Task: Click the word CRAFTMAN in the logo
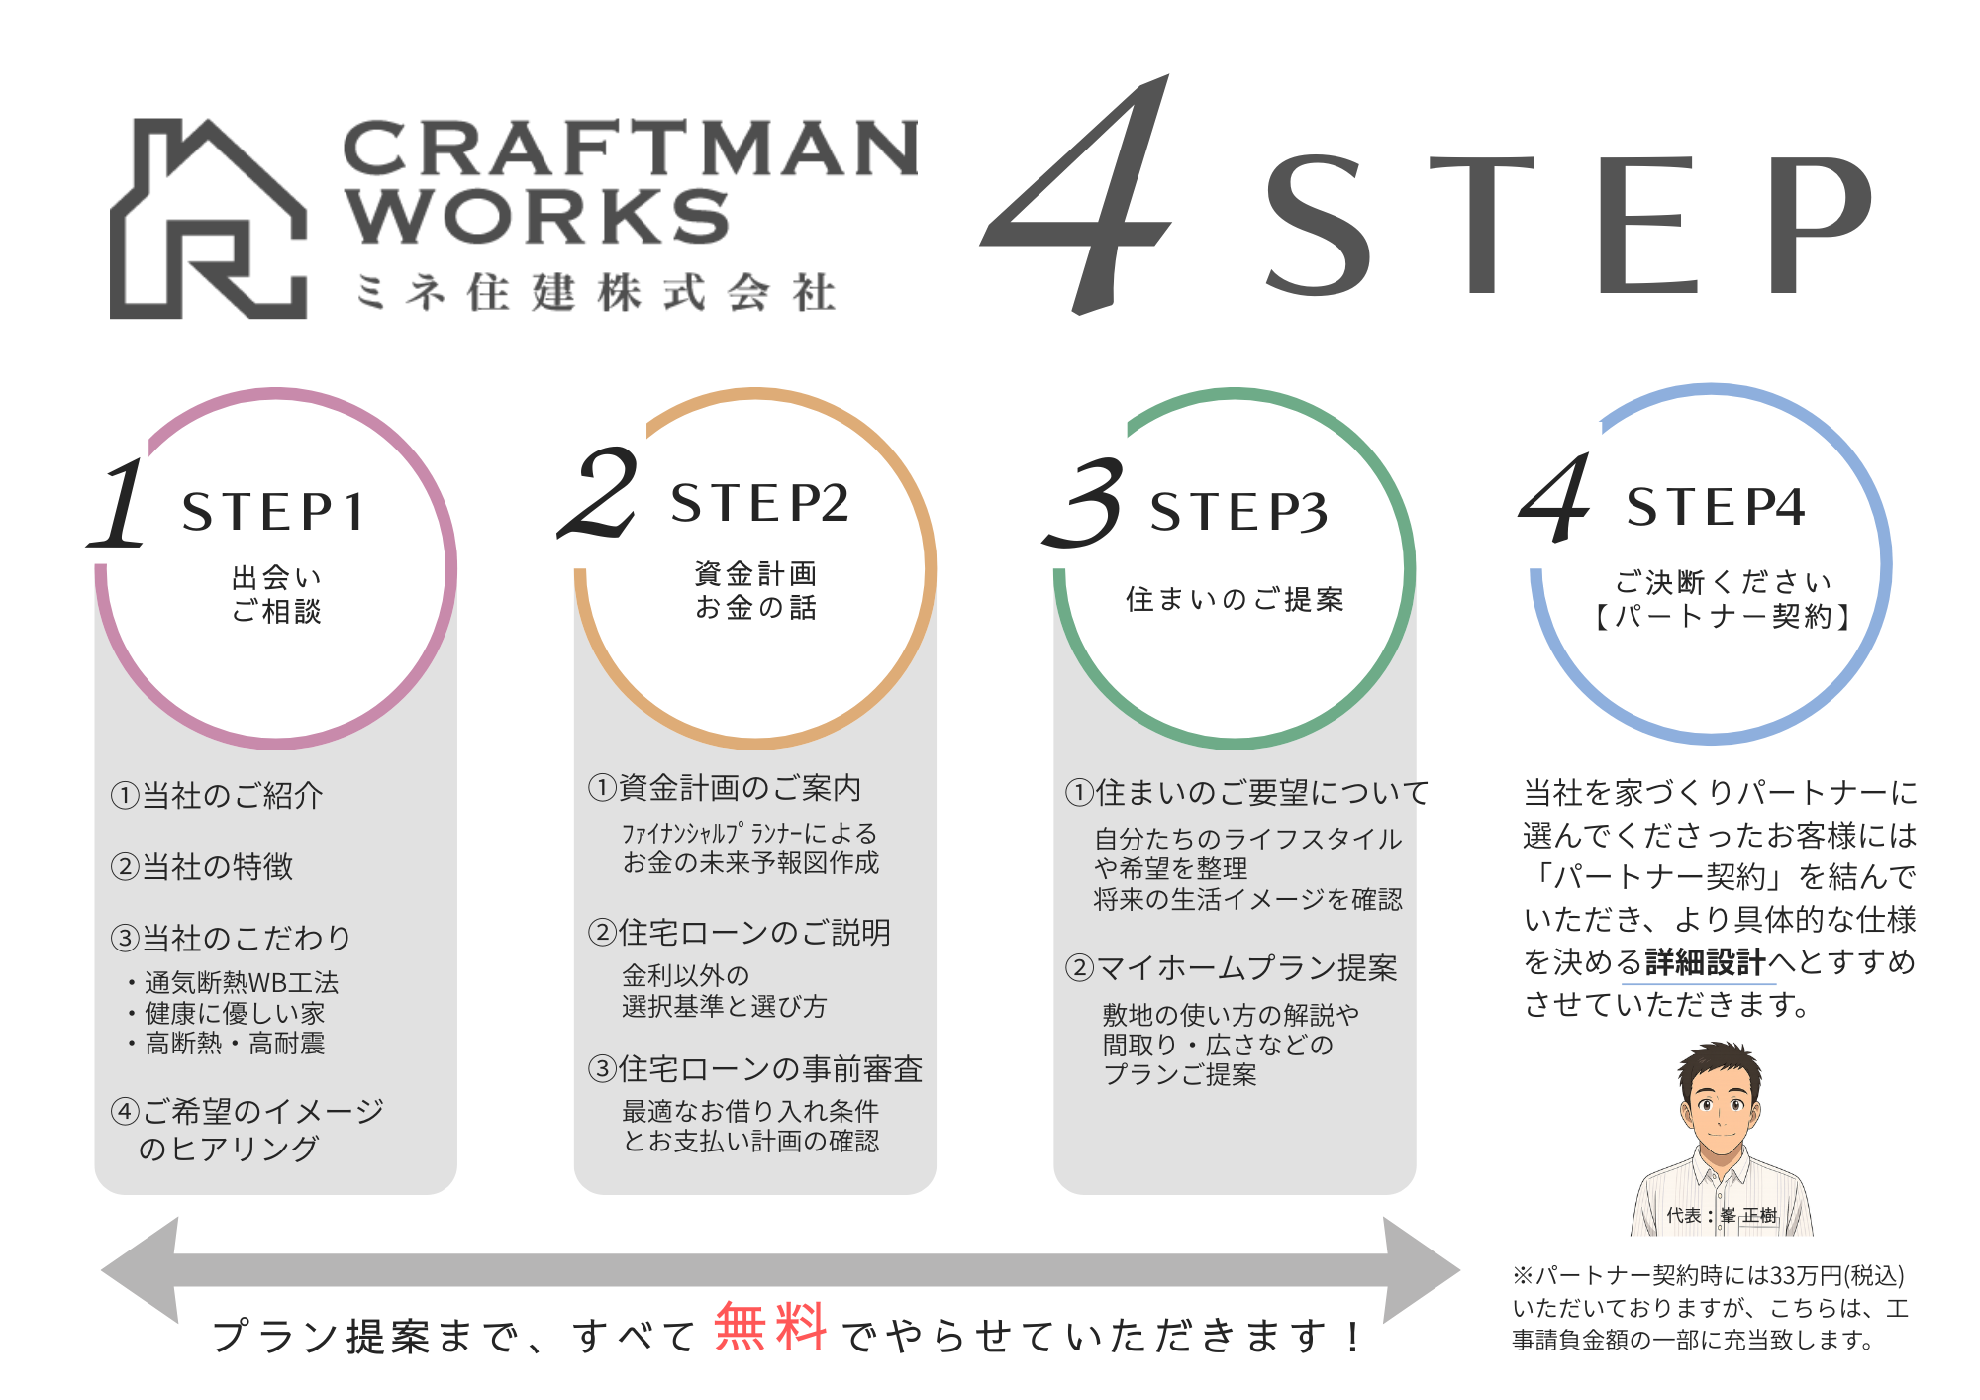(630, 149)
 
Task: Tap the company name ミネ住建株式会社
(595, 293)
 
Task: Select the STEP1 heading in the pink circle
(273, 512)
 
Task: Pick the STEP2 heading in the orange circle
(759, 503)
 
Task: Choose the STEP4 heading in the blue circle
(1715, 507)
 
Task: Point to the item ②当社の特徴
(202, 867)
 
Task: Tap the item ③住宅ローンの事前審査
(754, 1069)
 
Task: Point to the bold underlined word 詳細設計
(1705, 961)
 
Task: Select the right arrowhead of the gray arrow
(1421, 1270)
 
